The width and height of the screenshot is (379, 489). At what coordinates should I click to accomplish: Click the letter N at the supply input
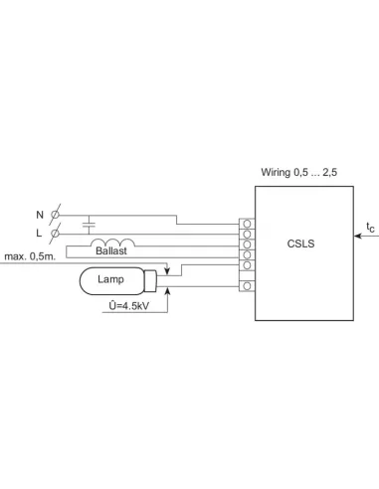(40, 214)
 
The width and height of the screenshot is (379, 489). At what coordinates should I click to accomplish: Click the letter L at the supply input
(40, 233)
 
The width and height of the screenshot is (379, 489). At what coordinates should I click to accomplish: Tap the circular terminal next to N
(56, 214)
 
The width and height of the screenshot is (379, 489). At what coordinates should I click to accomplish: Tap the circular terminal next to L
(56, 233)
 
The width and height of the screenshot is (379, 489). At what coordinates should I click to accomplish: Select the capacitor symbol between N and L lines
(90, 223)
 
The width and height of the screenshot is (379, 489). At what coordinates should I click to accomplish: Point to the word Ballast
(110, 252)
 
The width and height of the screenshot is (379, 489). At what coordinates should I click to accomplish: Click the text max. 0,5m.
(27, 257)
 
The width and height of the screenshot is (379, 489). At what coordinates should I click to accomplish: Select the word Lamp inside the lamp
(110, 280)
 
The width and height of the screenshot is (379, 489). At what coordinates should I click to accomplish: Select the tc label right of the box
(370, 228)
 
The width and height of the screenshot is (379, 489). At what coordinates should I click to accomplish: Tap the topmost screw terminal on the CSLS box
(246, 222)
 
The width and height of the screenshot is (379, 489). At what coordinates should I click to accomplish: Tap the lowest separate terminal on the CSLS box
(246, 287)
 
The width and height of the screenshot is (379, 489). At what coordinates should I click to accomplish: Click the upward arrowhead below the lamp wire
(168, 290)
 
